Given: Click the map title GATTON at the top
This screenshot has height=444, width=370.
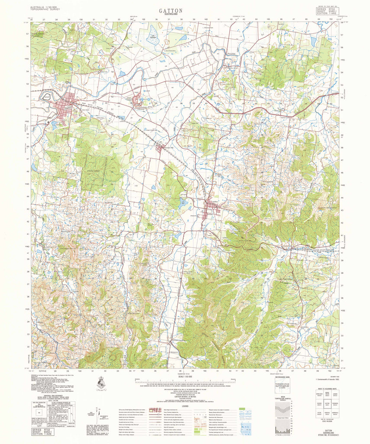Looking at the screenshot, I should pyautogui.click(x=170, y=10).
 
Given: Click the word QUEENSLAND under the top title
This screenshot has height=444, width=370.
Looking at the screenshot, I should pyautogui.click(x=170, y=15).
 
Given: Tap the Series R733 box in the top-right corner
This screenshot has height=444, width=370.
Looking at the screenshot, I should pyautogui.click(x=325, y=9).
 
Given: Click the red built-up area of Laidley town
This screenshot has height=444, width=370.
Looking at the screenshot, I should pyautogui.click(x=212, y=211).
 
